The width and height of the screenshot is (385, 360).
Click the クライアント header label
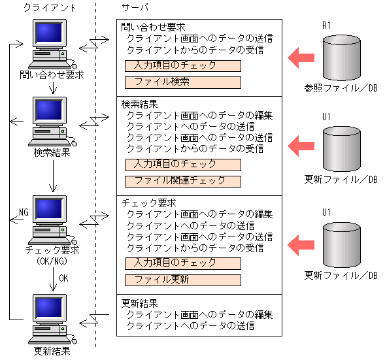(49, 8)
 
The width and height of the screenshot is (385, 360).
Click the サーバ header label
(135, 8)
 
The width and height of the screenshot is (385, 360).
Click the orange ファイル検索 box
(182, 83)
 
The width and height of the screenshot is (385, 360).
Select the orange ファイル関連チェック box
(182, 181)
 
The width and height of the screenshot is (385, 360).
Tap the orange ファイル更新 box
(182, 280)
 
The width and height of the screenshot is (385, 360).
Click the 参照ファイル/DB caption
(341, 88)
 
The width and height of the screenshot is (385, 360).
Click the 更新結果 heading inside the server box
(139, 304)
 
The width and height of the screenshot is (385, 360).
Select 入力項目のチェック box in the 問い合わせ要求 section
(182, 66)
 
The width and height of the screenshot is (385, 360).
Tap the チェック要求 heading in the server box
(148, 203)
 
